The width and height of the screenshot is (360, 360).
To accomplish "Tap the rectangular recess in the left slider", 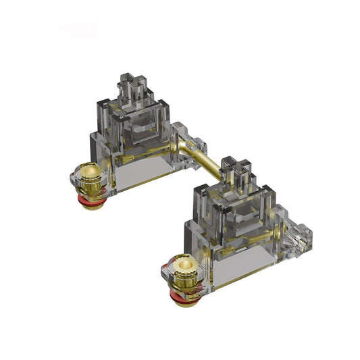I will click(139, 124).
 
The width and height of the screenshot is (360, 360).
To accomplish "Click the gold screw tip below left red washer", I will click(91, 205).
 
